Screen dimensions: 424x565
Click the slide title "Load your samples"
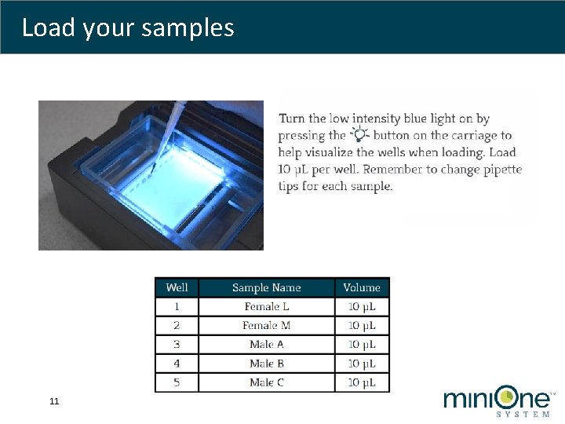pyautogui.click(x=128, y=27)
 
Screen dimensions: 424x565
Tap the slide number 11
pyautogui.click(x=54, y=402)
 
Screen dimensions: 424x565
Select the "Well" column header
pyautogui.click(x=177, y=287)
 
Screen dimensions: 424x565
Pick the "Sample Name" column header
pyautogui.click(x=266, y=287)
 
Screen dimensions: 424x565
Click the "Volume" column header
pyautogui.click(x=362, y=287)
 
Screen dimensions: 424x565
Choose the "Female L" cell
pyautogui.click(x=266, y=306)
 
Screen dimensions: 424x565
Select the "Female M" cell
pyautogui.click(x=266, y=325)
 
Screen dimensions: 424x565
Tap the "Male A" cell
pyautogui.click(x=266, y=344)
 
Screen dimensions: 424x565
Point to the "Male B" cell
pyautogui.click(x=266, y=364)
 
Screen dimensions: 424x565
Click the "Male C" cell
pyautogui.click(x=266, y=382)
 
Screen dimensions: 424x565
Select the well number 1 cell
pyautogui.click(x=177, y=306)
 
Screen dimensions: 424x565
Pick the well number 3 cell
pyautogui.click(x=177, y=344)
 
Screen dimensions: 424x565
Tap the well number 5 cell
pyautogui.click(x=177, y=382)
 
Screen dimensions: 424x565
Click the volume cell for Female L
pyautogui.click(x=362, y=306)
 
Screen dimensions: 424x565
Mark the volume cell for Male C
pyautogui.click(x=362, y=382)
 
